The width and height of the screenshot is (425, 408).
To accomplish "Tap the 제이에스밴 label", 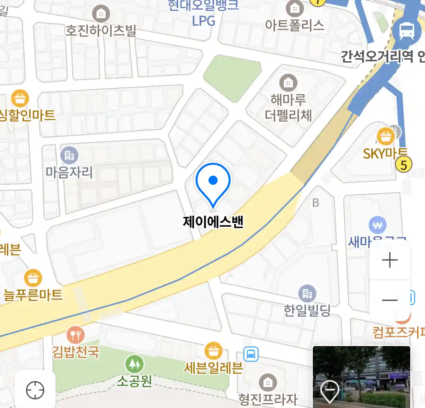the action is pos(213,221).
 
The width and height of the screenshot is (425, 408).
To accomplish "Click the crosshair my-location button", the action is pos(35,390).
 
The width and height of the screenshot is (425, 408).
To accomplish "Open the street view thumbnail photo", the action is pos(362,377).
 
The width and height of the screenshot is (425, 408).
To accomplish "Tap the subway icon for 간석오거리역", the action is pos(406,31).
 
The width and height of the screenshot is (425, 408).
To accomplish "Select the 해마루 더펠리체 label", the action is pos(288,108).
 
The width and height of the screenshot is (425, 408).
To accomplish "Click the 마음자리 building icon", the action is pos(69,155).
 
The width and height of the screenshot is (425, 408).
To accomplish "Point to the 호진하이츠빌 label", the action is pos(100,30).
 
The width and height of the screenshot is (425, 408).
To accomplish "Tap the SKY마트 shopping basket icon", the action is pos(386,136).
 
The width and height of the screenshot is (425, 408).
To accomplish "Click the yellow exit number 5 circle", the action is pos(403,165).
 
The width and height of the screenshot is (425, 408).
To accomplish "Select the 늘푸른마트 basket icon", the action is pos(33,278).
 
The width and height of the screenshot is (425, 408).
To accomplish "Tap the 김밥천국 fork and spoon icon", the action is pos(76,335).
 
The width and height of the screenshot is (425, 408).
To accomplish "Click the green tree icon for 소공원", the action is pos(134,364).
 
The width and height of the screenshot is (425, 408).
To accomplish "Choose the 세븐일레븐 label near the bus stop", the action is pos(213,368).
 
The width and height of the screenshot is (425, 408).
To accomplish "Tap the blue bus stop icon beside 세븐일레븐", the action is pos(251,354).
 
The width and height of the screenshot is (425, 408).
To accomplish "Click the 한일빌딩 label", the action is pos(307,311).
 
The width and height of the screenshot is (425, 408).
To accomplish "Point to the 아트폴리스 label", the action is pos(295,25).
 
